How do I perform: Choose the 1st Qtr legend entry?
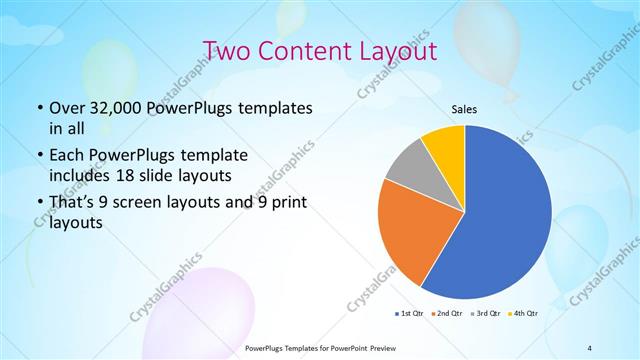411,314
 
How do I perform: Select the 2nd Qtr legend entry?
448,314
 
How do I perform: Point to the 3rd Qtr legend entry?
486,314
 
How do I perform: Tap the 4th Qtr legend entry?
524,314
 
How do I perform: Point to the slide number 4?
590,347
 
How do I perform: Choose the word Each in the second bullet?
67,156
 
